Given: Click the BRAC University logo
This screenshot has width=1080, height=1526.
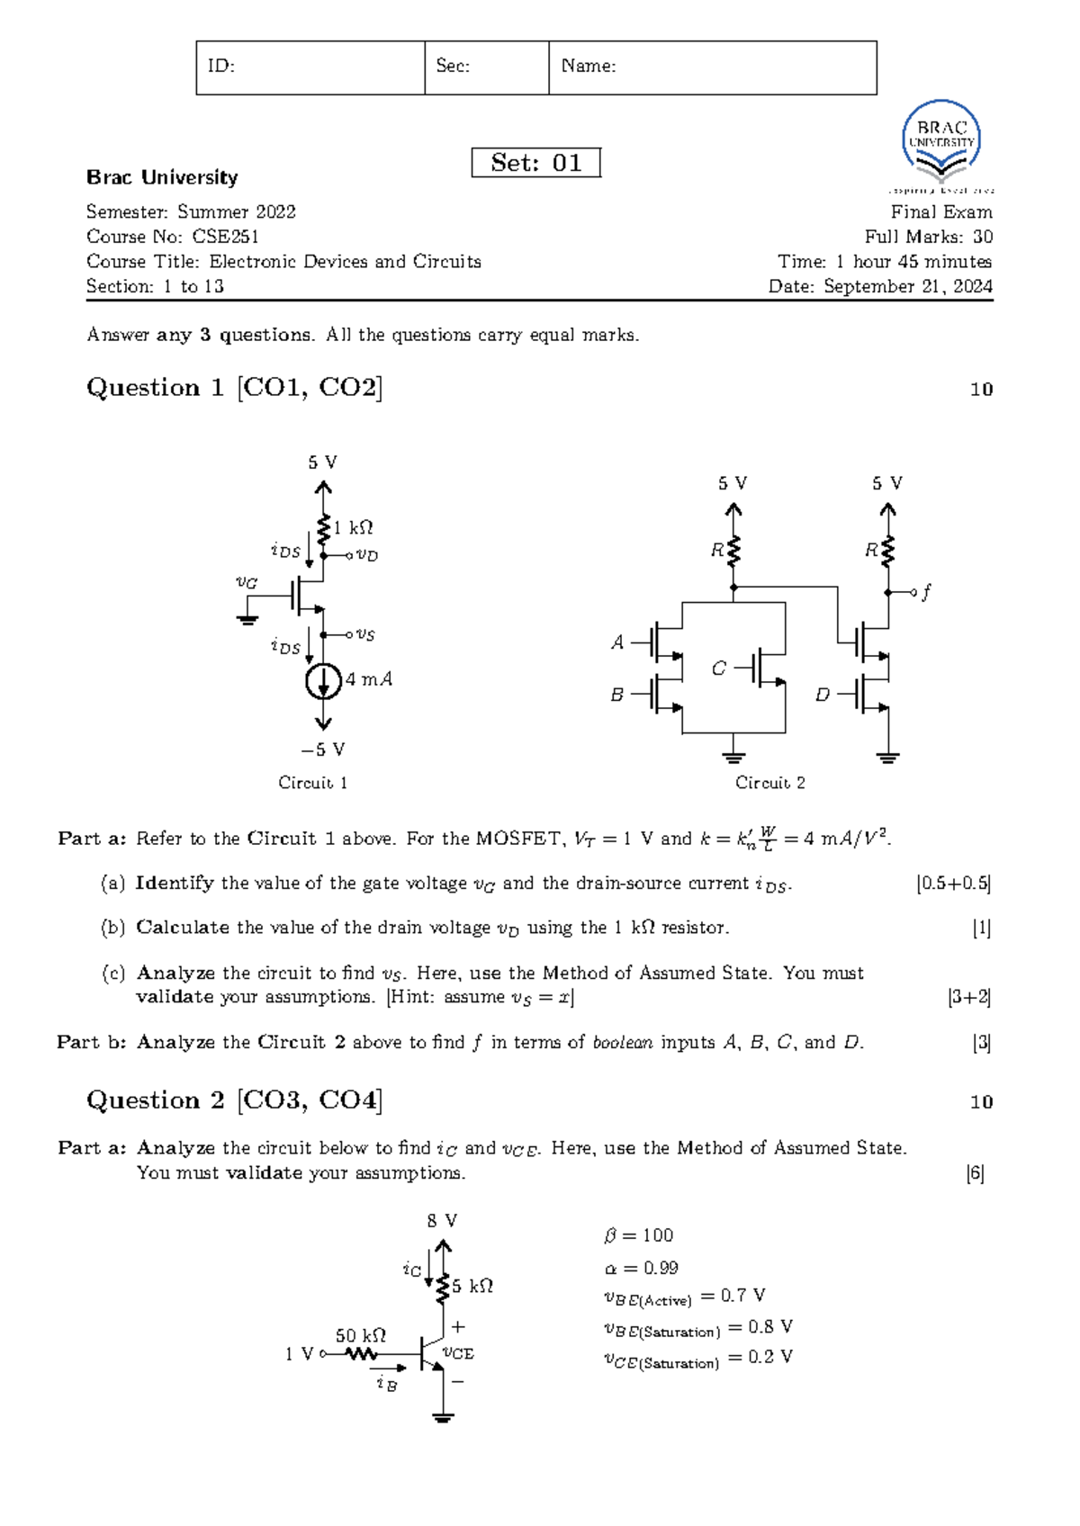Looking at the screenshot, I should (941, 144).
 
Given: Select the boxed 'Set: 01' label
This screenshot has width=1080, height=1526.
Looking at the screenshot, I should (535, 163).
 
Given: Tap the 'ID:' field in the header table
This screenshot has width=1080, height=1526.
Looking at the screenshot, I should (310, 67).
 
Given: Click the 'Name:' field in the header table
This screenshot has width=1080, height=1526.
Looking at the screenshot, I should (712, 67).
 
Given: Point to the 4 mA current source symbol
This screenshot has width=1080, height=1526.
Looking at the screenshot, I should (323, 681).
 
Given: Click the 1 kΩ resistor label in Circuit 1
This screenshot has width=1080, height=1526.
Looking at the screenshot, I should (353, 528).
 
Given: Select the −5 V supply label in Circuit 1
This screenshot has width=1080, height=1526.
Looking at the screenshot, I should (323, 750).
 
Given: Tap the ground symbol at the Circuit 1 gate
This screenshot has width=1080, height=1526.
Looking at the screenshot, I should (247, 619).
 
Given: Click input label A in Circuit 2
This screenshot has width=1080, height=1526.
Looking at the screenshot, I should (617, 642).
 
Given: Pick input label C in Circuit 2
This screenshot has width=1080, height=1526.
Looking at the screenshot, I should (718, 669).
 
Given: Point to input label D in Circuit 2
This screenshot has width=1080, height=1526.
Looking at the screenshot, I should (822, 695).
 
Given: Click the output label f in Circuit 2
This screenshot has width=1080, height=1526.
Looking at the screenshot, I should (926, 591).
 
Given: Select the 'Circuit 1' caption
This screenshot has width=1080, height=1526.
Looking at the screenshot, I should (312, 783).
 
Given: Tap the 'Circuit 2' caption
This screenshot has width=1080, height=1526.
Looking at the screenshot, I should (769, 783).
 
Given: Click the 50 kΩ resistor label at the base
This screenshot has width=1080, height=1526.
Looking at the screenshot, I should (360, 1335).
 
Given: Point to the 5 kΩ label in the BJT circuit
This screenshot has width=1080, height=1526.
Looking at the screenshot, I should (472, 1287).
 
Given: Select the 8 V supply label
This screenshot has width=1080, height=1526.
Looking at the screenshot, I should (442, 1221).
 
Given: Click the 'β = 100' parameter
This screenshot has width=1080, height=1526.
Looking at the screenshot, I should (639, 1235).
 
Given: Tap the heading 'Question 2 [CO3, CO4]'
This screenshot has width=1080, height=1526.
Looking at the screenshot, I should (234, 1100).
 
